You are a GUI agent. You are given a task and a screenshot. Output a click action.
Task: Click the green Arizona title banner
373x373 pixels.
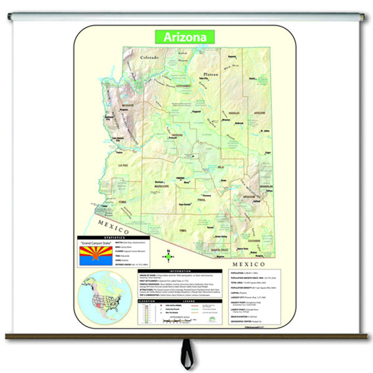(185, 37)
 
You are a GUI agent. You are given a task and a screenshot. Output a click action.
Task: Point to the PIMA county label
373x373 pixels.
(182, 230)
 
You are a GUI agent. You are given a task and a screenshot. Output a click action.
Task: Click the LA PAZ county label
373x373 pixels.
(122, 166)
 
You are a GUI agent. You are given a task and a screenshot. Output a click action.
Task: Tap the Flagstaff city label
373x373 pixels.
(195, 113)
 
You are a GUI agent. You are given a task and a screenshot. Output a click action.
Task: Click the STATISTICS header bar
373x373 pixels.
(113, 237)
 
